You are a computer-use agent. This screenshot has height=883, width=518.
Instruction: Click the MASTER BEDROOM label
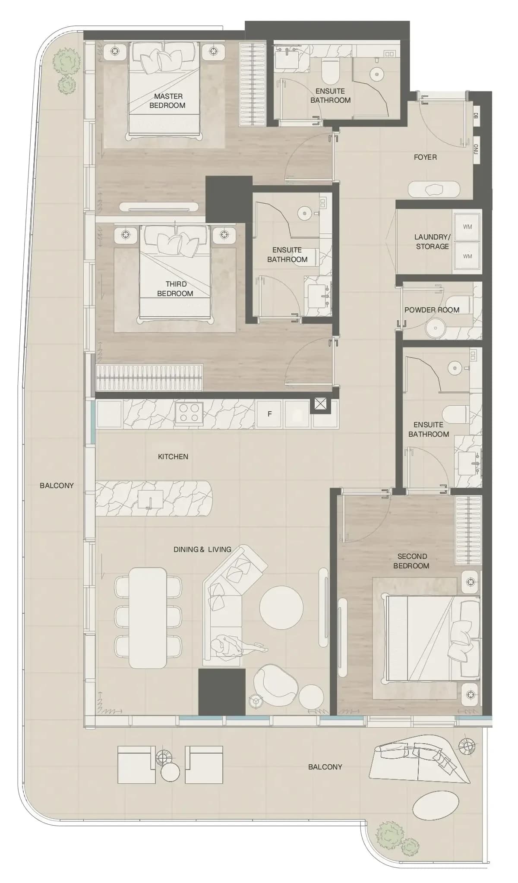167,101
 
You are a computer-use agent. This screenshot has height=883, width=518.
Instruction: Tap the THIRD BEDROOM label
175,289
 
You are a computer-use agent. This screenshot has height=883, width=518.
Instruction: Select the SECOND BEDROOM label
411,561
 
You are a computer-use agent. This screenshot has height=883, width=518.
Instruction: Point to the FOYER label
425,157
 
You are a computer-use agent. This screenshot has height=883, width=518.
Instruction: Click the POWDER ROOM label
432,310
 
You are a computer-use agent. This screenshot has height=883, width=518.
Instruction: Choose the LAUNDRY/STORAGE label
432,242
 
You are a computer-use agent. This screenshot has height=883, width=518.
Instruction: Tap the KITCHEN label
173,457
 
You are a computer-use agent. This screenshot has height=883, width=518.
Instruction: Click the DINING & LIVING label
202,549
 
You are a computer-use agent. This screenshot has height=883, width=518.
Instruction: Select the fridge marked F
269,414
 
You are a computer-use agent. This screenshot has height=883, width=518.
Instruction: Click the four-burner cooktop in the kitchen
189,414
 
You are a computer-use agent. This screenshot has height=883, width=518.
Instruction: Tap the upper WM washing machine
467,227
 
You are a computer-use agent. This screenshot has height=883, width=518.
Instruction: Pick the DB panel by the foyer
476,116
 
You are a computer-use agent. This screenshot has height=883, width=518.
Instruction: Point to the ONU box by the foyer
476,149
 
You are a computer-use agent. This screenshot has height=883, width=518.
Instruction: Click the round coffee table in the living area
281,607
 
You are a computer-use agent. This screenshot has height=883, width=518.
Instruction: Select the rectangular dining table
148,618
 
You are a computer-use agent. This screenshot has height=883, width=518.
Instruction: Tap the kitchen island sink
150,501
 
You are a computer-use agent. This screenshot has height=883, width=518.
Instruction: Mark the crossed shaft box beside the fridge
319,404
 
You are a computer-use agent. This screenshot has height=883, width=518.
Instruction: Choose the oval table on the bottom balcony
433,805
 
